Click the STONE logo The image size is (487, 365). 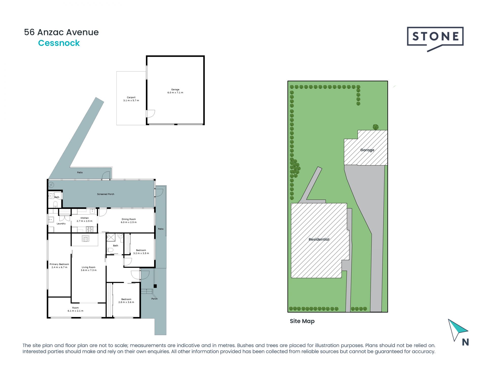tap(435, 37)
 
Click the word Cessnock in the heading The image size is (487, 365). tap(59, 43)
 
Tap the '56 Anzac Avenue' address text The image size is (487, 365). tap(61, 32)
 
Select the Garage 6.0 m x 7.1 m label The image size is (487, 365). tap(175, 91)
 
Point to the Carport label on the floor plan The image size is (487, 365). tap(131, 99)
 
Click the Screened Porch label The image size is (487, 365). tap(106, 194)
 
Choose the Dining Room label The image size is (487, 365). tap(129, 221)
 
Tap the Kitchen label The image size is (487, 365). tap(84, 220)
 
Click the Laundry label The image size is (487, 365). tap(61, 224)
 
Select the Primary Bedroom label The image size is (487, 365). tap(59, 266)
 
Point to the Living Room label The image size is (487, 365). tap(89, 269)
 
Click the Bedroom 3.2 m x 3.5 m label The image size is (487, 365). tap(141, 252)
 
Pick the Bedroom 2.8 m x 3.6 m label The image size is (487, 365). tap(126, 301)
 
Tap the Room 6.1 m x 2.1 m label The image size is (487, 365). tap(75, 309)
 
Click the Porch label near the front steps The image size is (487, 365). tap(154, 299)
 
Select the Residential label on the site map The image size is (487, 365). tap(319, 239)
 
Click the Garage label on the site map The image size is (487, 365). tap(367, 150)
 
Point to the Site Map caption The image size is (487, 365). tap(302, 321)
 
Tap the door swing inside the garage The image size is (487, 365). tap(151, 114)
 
